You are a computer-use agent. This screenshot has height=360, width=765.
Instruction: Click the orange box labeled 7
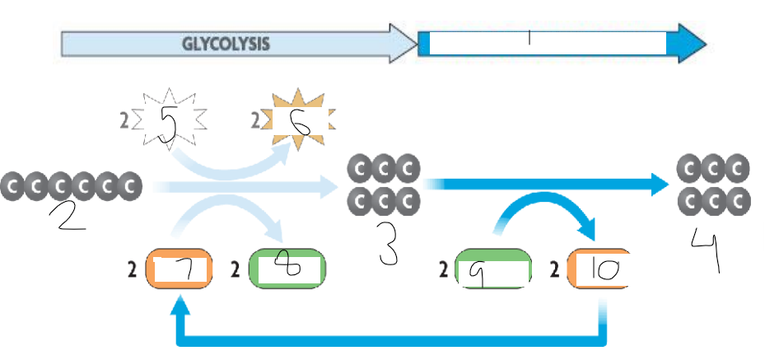click(x=180, y=269)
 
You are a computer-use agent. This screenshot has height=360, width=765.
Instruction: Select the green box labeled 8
click(x=287, y=269)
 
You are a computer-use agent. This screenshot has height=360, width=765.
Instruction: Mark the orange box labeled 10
click(x=601, y=269)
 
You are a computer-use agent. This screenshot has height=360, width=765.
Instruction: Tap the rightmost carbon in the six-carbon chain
click(x=128, y=187)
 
